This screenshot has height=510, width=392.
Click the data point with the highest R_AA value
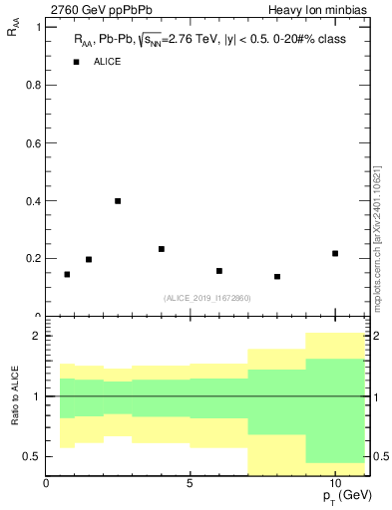[118, 201]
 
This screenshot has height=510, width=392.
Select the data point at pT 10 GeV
[335, 253]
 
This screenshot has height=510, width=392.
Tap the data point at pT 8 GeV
[277, 276]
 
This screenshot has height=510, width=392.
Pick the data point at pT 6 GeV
[219, 271]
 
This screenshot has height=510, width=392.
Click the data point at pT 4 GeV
[162, 249]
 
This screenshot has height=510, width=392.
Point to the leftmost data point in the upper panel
[67, 274]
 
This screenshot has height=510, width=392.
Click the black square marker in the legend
[77, 62]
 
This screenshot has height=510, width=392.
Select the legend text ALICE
[107, 62]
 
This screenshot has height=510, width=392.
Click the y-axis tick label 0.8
[31, 85]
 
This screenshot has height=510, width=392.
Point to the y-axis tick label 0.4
[31, 200]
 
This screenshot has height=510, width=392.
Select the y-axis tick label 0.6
[31, 142]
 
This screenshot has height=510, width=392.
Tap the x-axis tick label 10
[335, 483]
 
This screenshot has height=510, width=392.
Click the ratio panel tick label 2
[36, 336]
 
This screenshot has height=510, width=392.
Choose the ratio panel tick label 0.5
[31, 456]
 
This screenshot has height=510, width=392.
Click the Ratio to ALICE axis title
[14, 396]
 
